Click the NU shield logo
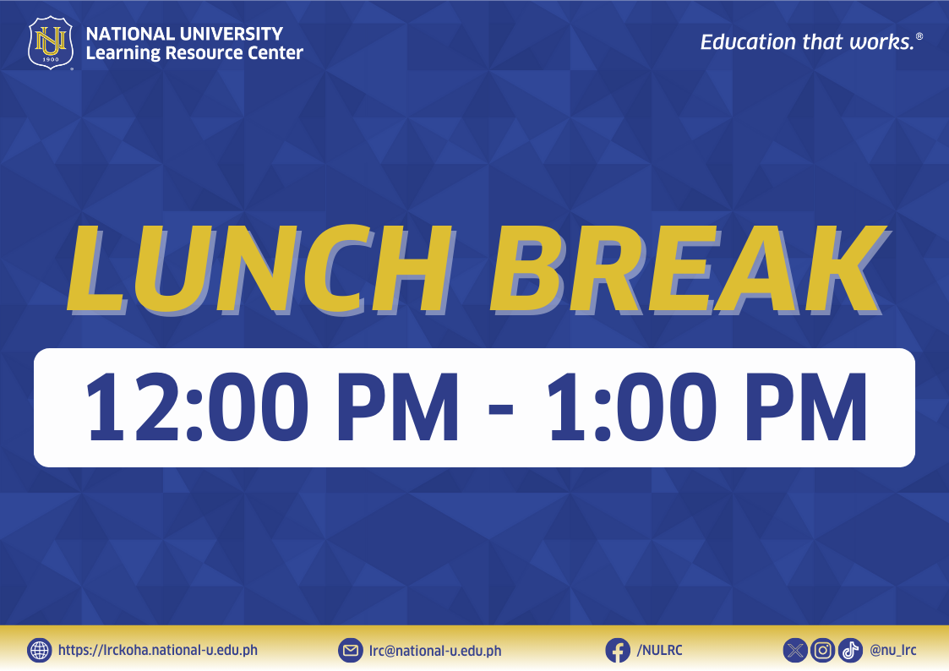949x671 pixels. coord(51,43)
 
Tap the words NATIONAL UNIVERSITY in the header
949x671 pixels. coord(184,33)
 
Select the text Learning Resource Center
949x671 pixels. coord(194,53)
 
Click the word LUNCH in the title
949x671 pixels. coord(260,270)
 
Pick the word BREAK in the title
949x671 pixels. coord(688,270)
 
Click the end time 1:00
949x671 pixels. coord(628,407)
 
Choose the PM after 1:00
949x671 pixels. coord(806,407)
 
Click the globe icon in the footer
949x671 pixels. coord(40,651)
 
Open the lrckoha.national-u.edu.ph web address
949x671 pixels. coord(158,651)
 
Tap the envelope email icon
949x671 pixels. coord(351,651)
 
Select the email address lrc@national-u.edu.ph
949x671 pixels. coord(435,651)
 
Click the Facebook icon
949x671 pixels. coord(618,651)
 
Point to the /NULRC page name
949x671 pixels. coord(659,651)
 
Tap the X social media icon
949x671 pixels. coord(795,651)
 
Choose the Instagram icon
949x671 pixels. coord(822,651)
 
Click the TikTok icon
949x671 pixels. coord(850,651)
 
